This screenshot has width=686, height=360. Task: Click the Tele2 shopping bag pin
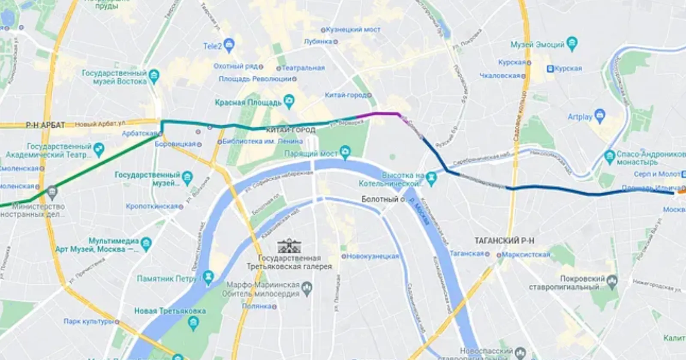tap(229, 45)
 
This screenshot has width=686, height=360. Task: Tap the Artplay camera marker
tap(600, 115)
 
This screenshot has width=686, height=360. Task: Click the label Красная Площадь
tap(248, 102)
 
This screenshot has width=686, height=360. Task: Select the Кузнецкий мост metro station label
tap(352, 30)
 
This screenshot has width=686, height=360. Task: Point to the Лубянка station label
tap(318, 42)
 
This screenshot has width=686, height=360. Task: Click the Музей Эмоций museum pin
tap(572, 43)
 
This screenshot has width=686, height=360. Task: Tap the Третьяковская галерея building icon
tap(289, 246)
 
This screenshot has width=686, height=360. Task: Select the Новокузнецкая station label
tap(373, 256)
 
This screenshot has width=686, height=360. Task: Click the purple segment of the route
tap(377, 114)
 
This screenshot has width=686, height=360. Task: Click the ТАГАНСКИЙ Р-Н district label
tap(504, 241)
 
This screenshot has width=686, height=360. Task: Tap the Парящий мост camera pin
tap(345, 152)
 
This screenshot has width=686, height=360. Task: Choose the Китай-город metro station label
tap(346, 95)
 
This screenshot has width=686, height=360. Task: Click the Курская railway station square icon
tap(551, 69)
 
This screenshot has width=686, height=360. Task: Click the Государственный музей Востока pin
tap(154, 76)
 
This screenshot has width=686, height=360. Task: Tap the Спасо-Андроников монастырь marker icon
tap(609, 157)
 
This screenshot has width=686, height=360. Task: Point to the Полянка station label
tap(257, 306)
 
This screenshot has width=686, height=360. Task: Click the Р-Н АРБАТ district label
tap(45, 125)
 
